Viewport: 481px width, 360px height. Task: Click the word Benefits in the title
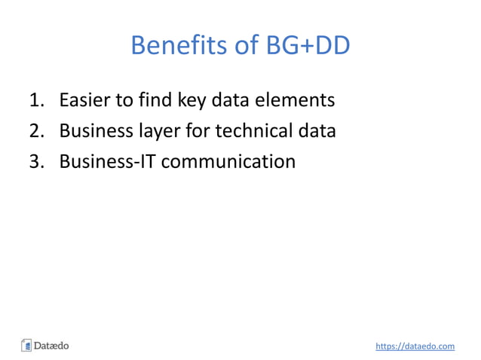click(177, 47)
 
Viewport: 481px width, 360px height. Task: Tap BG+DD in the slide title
click(309, 47)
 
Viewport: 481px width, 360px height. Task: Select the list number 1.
click(35, 100)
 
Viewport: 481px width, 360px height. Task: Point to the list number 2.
click(35, 131)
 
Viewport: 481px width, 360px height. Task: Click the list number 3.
click(35, 161)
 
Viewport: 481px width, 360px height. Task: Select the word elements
click(296, 100)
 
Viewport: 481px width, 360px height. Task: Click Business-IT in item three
click(108, 161)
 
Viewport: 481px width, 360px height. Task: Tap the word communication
click(228, 161)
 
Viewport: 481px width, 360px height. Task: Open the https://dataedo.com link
click(415, 346)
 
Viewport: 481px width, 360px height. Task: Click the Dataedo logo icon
click(26, 346)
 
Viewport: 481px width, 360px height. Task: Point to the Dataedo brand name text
click(52, 346)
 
